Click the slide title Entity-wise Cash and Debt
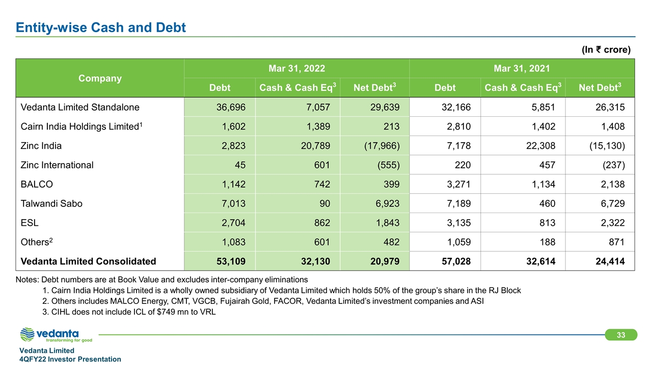[101, 28]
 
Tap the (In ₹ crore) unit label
[606, 50]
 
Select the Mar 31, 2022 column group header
[296, 68]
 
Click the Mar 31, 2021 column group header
[522, 68]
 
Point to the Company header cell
[100, 78]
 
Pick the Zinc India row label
[41, 146]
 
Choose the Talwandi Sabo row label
[51, 203]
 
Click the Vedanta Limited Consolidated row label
[88, 261]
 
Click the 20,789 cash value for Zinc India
[314, 146]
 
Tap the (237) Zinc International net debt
[613, 165]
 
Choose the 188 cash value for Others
[547, 242]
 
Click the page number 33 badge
[621, 335]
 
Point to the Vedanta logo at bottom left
[56, 335]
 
